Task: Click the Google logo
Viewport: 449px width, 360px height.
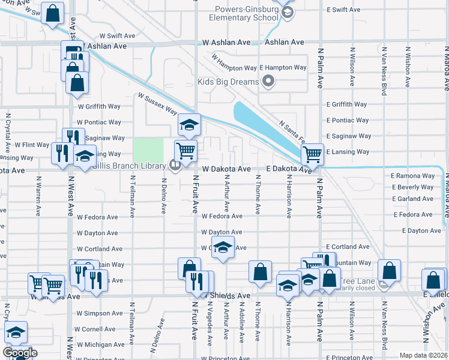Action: point(20,353)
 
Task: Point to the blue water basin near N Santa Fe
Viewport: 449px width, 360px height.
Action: point(264,129)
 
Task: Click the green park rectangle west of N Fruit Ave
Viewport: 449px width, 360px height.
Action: point(148,150)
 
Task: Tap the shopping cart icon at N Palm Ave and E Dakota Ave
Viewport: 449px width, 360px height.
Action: point(312,154)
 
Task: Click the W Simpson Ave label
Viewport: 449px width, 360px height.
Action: point(100,313)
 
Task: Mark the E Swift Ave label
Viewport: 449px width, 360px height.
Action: point(343,10)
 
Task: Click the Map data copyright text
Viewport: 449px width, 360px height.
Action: point(423,355)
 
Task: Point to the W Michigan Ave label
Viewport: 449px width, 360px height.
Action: point(100,345)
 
